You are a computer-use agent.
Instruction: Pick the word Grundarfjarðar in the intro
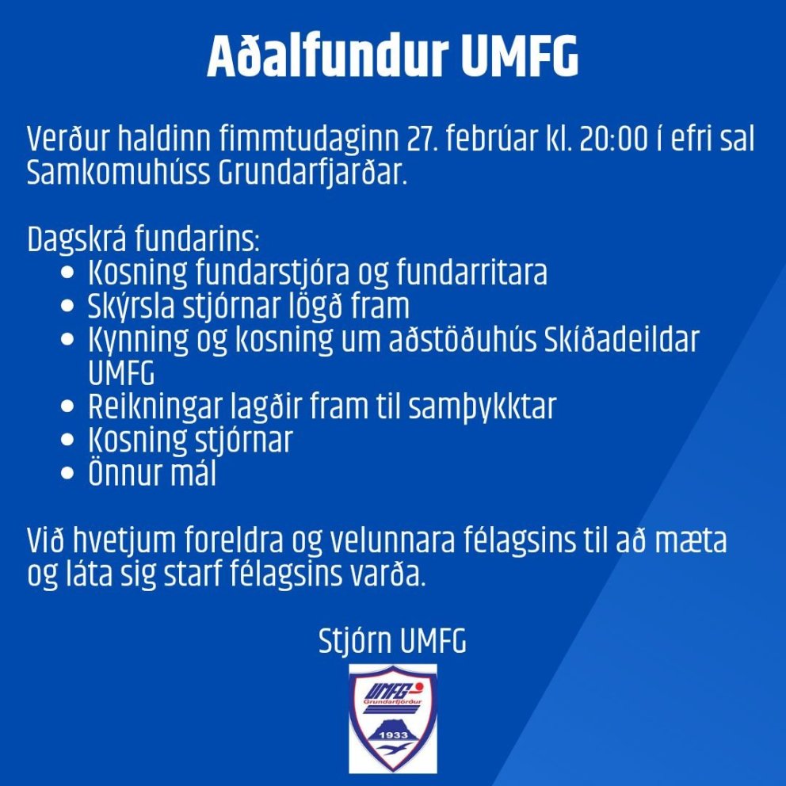tap(311, 173)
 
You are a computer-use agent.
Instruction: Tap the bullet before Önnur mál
tap(67, 475)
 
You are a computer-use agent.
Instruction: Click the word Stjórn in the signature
tap(356, 642)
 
